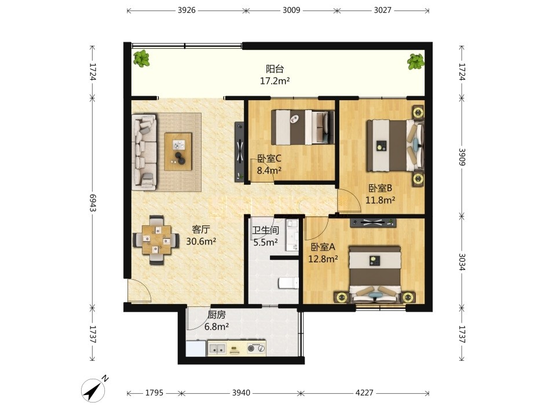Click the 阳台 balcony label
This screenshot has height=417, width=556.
tap(275, 68)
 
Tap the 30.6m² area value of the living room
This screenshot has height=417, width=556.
tap(201, 242)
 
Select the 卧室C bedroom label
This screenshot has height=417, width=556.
tap(269, 158)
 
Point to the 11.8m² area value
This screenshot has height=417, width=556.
tap(380, 200)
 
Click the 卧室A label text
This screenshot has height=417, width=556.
tap(323, 247)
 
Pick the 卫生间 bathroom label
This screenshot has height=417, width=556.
tap(265, 231)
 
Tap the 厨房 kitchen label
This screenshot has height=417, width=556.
tap(216, 314)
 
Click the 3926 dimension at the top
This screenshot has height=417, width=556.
tap(186, 10)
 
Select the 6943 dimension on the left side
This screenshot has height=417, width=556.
tap(93, 203)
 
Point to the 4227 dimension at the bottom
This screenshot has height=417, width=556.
tap(364, 393)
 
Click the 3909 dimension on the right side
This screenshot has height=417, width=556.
tap(462, 157)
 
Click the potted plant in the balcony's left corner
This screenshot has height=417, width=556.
tap(141, 58)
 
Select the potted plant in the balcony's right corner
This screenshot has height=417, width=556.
tap(416, 61)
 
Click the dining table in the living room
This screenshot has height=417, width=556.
tap(156, 240)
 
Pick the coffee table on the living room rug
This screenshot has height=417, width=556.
tap(178, 152)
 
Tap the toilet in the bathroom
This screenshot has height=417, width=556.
tap(288, 283)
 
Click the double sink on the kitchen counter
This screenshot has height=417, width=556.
tap(217, 349)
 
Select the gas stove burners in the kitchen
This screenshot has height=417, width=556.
tap(256, 348)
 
